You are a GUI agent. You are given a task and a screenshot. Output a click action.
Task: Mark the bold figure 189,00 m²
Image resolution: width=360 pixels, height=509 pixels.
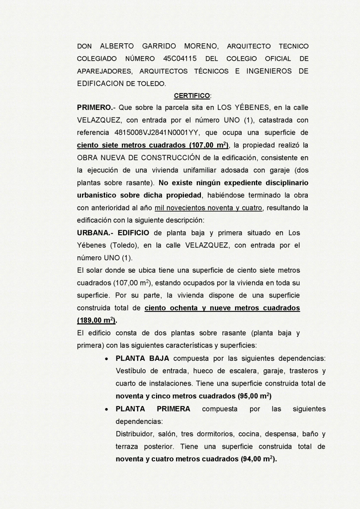coord(93,320)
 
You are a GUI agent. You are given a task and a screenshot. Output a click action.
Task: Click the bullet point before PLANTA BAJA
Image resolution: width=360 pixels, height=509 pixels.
coord(107,358)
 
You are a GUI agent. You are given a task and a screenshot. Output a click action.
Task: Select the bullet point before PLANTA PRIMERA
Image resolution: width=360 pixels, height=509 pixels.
coord(107,409)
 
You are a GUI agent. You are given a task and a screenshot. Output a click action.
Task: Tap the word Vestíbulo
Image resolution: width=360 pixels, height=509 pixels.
coord(132,371)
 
